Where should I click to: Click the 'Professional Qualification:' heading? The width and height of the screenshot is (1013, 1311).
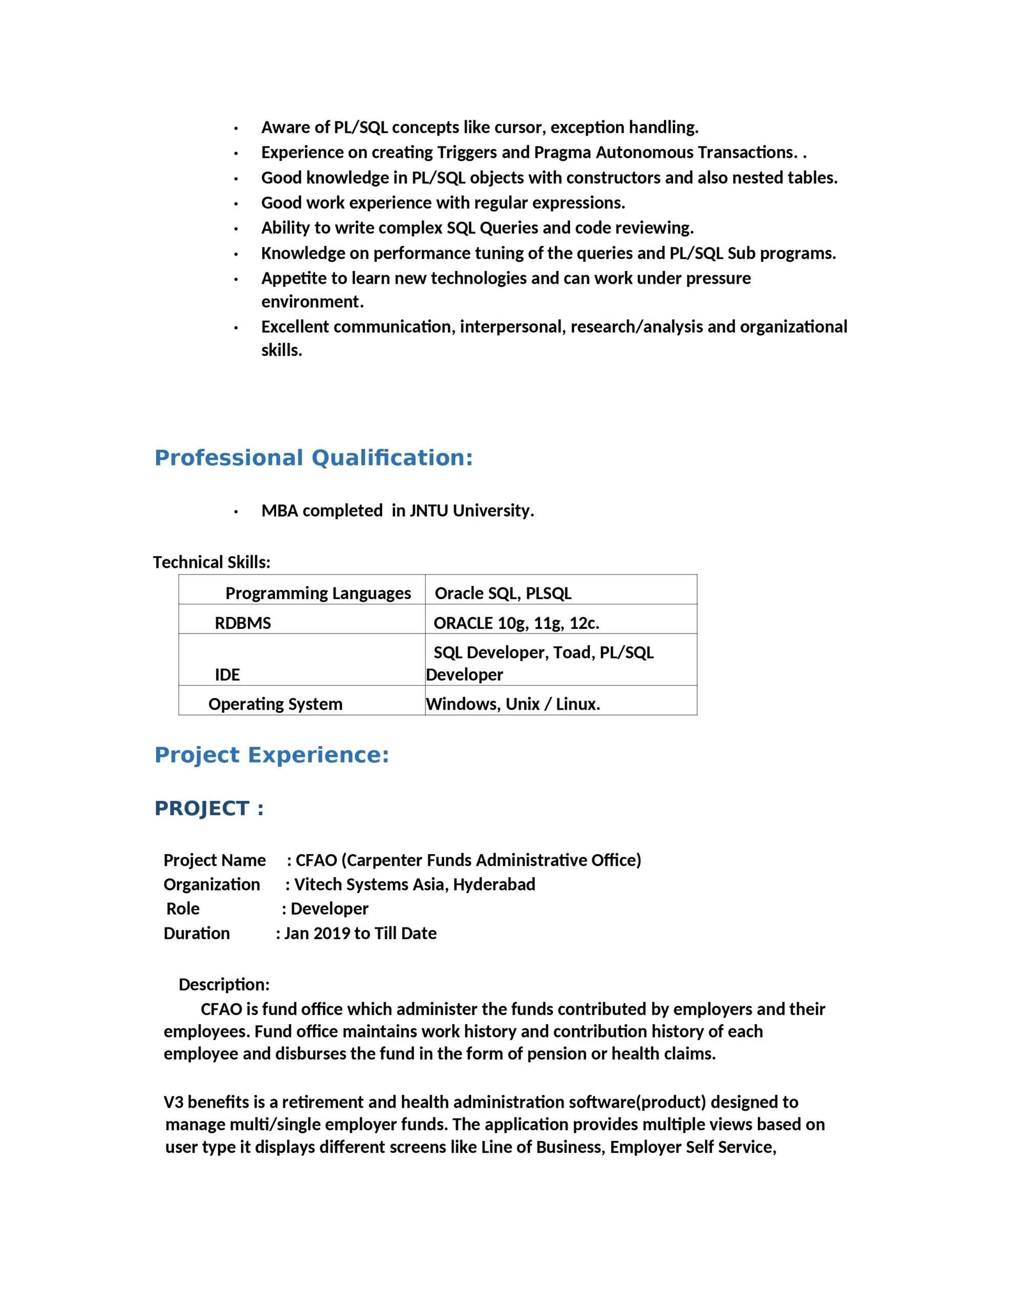click(x=313, y=458)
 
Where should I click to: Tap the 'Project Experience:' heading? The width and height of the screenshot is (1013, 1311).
click(x=271, y=755)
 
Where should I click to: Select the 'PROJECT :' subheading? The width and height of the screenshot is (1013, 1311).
click(x=209, y=809)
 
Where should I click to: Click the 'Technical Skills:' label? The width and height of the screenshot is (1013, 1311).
click(x=212, y=562)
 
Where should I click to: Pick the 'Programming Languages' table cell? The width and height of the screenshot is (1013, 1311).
click(x=318, y=593)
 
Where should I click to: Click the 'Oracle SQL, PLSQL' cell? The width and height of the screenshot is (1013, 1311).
click(x=502, y=593)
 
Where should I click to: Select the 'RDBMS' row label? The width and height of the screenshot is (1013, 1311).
click(x=243, y=623)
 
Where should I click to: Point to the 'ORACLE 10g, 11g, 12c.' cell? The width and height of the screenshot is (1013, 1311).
click(x=516, y=623)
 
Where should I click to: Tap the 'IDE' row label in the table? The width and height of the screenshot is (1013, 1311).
click(x=227, y=675)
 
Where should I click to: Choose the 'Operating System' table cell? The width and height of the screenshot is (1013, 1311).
click(x=275, y=704)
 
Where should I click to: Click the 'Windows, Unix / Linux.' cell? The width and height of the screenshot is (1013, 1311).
click(x=513, y=704)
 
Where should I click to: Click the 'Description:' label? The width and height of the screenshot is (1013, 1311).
click(x=224, y=984)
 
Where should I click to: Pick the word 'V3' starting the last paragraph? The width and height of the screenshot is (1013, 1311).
click(x=173, y=1102)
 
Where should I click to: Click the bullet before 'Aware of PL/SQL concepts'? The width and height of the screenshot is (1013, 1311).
click(x=237, y=129)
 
